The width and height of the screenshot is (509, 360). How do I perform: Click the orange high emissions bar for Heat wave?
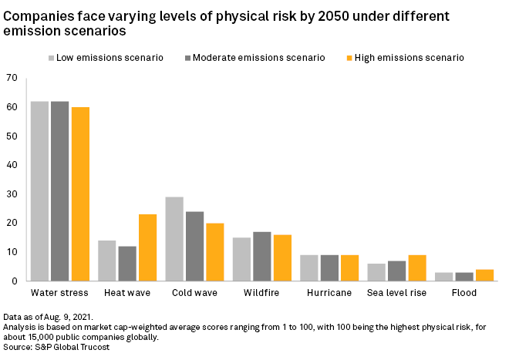(147, 247)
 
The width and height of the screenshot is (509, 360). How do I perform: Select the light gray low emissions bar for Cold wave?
(174, 239)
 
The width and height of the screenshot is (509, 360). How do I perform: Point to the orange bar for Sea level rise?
(416, 267)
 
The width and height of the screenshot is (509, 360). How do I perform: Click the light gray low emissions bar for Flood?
(444, 276)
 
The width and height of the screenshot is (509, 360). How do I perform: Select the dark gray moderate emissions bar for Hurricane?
(329, 267)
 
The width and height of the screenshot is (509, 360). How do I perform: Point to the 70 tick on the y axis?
(11, 78)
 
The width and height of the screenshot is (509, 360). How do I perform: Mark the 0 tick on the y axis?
(14, 281)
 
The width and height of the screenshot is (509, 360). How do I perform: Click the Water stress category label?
(59, 293)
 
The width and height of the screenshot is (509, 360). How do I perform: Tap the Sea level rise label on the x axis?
(396, 293)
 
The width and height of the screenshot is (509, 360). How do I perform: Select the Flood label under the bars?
(464, 293)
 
